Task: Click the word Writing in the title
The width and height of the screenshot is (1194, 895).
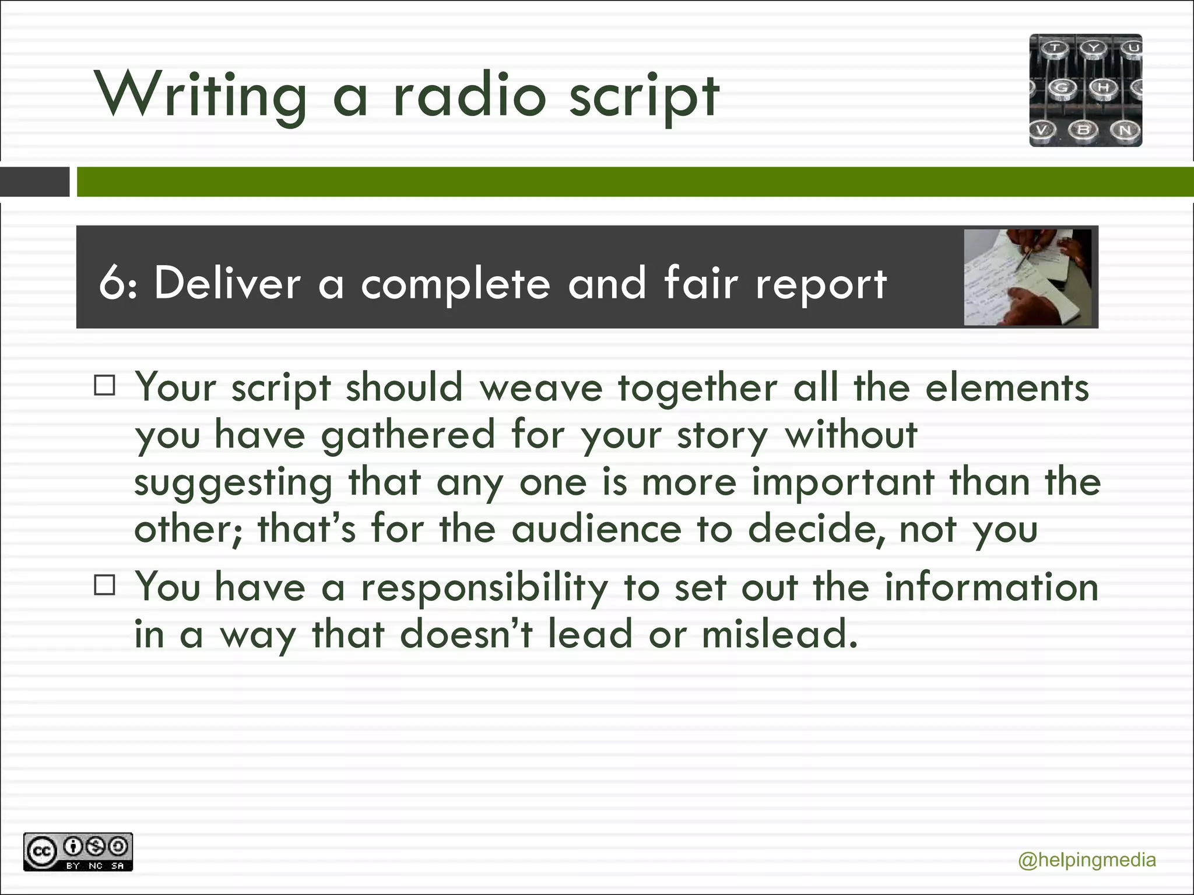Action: (x=201, y=95)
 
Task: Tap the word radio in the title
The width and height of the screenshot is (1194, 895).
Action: (x=469, y=95)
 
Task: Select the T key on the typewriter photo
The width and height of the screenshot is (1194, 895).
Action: (x=1055, y=48)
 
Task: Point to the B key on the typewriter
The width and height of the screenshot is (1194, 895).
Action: (x=1083, y=129)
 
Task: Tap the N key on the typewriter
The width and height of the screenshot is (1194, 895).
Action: (x=1125, y=129)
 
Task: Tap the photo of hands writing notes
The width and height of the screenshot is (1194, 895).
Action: (x=1027, y=277)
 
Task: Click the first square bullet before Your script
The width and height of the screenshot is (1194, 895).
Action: (x=104, y=386)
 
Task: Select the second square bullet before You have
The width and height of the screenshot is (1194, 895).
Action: (x=104, y=585)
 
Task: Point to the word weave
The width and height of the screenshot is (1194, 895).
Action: (x=540, y=388)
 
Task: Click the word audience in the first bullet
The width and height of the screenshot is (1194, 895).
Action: (x=596, y=529)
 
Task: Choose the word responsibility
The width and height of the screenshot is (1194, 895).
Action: (x=484, y=587)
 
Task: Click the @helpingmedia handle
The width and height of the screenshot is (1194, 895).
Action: (x=1087, y=860)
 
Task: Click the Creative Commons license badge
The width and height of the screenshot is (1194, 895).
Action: (x=78, y=852)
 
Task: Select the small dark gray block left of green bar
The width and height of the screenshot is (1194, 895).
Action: (x=34, y=182)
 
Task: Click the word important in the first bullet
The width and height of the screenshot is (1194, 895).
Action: (x=843, y=482)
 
